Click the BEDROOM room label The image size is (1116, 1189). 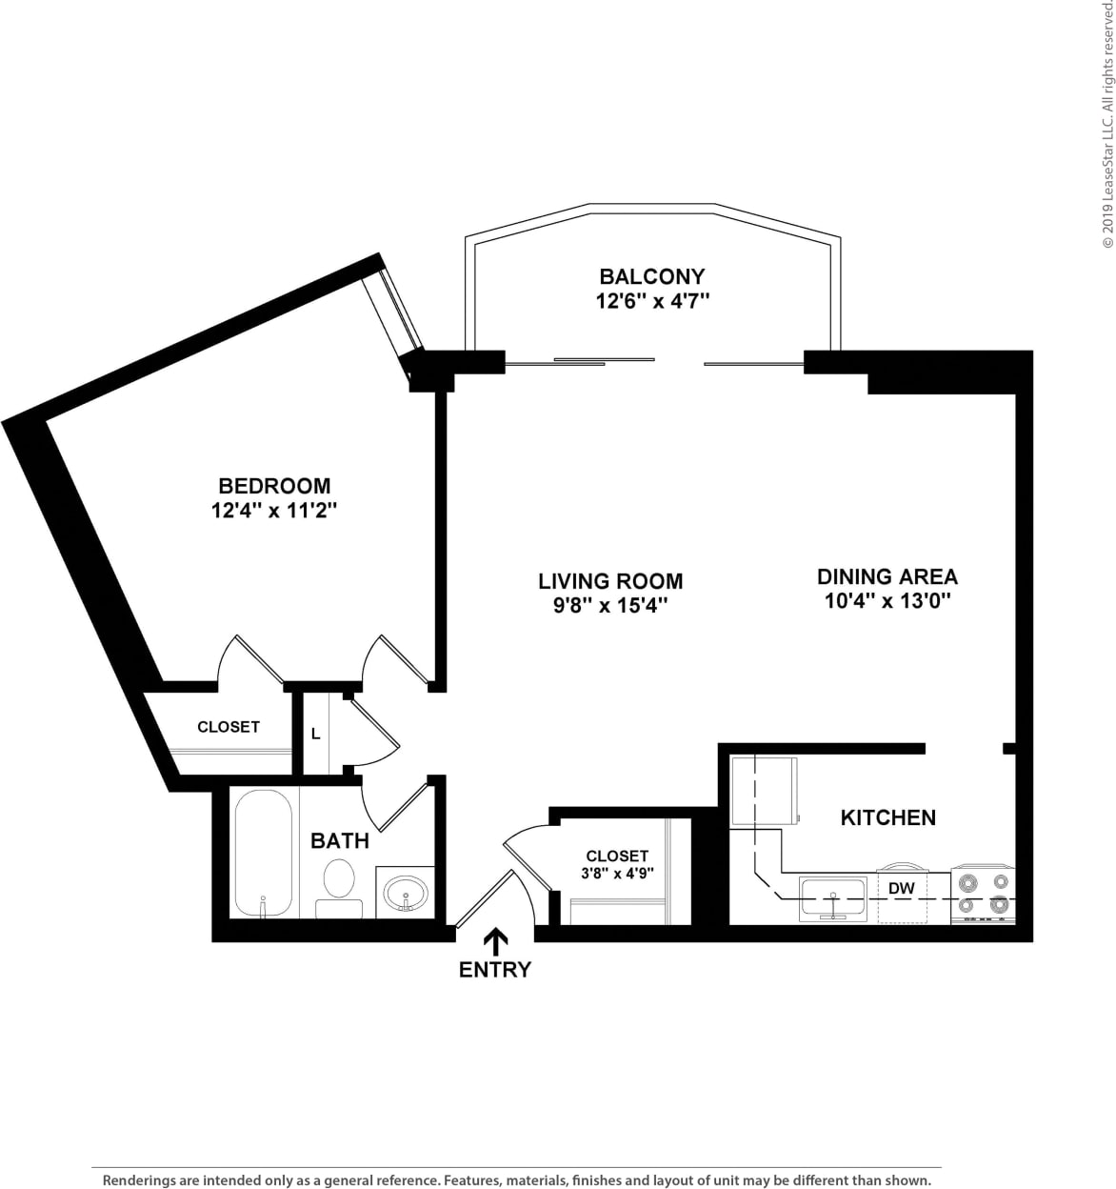[274, 486]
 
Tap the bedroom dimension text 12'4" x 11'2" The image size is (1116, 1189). [274, 511]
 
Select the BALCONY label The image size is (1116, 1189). [652, 276]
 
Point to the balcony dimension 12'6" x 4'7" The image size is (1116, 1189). [652, 301]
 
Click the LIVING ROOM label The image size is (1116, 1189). [610, 581]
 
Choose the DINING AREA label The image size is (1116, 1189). [887, 576]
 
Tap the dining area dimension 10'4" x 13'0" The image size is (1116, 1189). [887, 601]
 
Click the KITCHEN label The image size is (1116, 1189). [887, 817]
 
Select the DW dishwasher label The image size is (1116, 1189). [901, 889]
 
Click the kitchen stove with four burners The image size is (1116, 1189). [984, 895]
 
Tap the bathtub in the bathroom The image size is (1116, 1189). [262, 854]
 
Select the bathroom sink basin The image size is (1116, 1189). [407, 894]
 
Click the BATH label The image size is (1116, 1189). [340, 840]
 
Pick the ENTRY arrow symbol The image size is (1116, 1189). [495, 942]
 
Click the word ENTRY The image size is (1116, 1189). [495, 970]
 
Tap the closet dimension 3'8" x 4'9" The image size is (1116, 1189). [617, 873]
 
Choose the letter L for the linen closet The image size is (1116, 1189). [315, 735]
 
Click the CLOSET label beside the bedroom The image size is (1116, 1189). [229, 727]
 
